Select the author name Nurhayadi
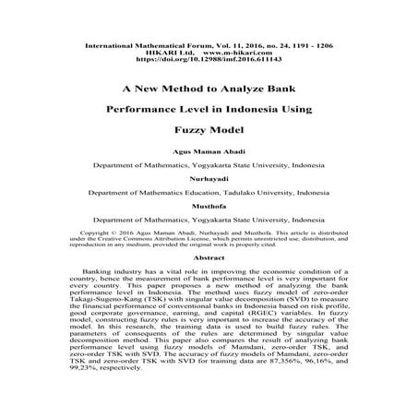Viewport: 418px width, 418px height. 208,179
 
